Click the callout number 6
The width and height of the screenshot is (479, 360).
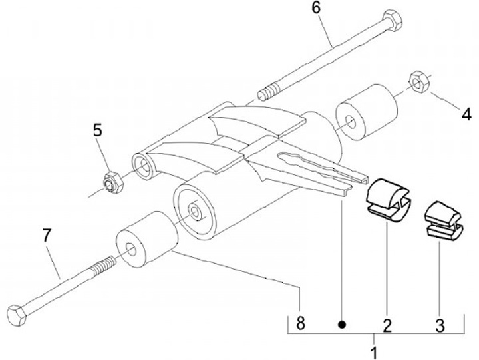click(315, 9)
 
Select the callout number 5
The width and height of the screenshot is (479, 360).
click(98, 130)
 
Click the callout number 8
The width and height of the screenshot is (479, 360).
click(301, 324)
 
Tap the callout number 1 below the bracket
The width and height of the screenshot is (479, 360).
click(375, 350)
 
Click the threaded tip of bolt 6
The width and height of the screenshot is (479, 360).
click(269, 90)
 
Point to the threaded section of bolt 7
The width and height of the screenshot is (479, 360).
click(100, 262)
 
